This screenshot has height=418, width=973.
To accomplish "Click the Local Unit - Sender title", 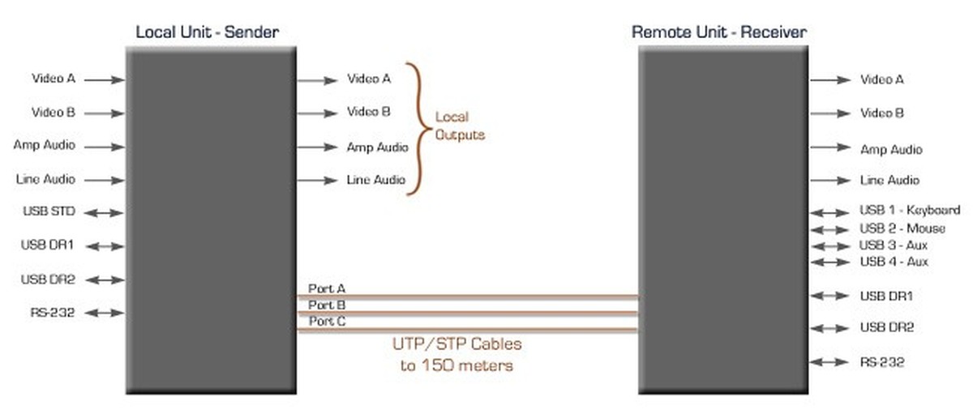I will click(x=207, y=32).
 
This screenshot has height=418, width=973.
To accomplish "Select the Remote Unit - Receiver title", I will click(x=718, y=32).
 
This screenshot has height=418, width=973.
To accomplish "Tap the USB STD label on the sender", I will click(x=49, y=212).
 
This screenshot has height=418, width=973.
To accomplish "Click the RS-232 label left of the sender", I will click(x=54, y=311).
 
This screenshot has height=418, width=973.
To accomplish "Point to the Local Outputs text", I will click(x=459, y=126).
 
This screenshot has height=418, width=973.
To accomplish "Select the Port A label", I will click(x=327, y=288).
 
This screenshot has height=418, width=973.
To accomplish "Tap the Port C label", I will click(x=327, y=322).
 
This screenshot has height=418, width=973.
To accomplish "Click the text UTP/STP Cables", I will click(x=457, y=344).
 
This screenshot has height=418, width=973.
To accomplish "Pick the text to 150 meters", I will click(x=457, y=365).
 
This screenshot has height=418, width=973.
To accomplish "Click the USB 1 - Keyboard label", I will click(x=910, y=211).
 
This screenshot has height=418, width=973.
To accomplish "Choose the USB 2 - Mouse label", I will click(x=902, y=228).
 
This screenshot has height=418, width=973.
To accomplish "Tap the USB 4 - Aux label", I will click(x=894, y=262).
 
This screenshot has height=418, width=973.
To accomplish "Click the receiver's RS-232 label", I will click(x=882, y=362).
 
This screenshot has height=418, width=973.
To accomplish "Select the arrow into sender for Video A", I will click(x=104, y=79).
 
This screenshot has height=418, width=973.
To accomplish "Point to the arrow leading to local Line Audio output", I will click(x=317, y=180).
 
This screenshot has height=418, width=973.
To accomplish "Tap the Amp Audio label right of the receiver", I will click(x=891, y=150).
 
